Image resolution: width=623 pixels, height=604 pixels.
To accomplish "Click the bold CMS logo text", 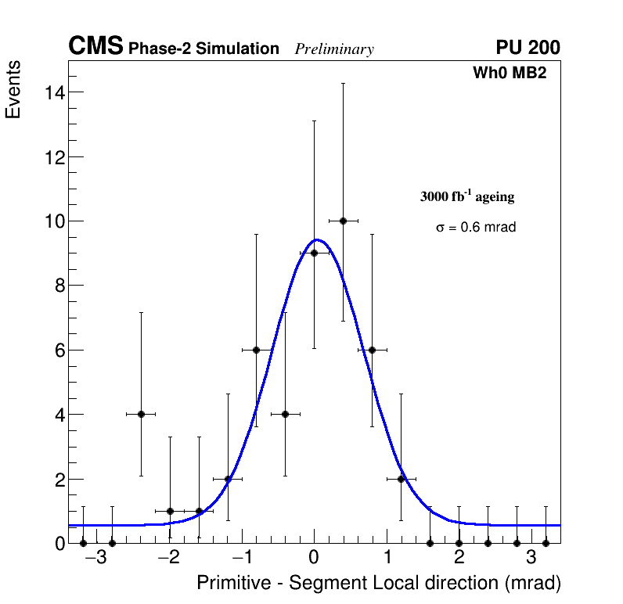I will point(95,47).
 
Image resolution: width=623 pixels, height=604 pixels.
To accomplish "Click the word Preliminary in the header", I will point(334,49).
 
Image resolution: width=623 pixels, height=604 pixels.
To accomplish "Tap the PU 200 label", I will point(528,48).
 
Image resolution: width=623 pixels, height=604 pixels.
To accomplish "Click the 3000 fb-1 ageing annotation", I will point(467,196).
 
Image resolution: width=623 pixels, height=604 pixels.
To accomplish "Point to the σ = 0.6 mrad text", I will point(476,228).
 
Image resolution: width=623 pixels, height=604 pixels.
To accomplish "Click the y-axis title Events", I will point(13,90).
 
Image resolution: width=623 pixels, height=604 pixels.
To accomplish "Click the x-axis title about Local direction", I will point(379,583).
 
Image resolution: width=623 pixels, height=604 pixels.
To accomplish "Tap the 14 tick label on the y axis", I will point(53,92).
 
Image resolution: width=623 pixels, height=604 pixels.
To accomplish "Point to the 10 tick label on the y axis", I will point(53,221).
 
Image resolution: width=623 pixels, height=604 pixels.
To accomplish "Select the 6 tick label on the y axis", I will point(58,351).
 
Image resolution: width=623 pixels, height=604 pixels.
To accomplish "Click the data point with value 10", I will point(343,221).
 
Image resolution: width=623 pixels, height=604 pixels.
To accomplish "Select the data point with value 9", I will point(314,253).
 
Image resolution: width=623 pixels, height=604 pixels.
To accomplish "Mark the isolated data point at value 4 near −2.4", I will point(141,414).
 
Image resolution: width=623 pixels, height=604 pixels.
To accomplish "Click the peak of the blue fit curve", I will point(316,239).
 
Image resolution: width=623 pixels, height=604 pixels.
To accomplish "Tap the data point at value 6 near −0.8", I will point(256,350).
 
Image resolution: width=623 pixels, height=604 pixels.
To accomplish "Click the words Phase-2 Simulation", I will point(203,49).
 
